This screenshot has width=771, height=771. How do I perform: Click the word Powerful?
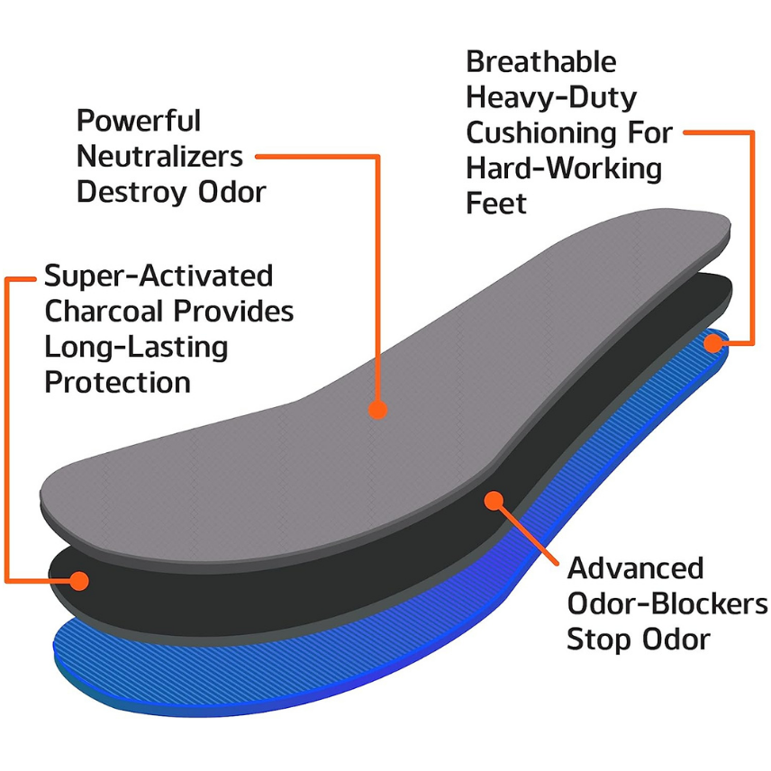click(139, 121)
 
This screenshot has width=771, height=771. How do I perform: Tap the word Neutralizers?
click(159, 156)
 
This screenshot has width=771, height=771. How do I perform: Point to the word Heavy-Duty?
click(550, 97)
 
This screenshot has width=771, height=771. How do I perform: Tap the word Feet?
click(496, 204)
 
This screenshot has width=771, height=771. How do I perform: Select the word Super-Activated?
click(159, 275)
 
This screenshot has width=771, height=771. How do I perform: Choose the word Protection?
click(118, 382)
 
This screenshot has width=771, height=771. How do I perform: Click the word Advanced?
click(635, 568)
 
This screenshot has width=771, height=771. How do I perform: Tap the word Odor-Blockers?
click(667, 603)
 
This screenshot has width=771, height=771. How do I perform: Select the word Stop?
click(600, 639)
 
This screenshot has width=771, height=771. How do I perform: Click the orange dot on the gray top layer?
click(377, 409)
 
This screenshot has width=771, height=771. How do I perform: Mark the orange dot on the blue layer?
click(714, 342)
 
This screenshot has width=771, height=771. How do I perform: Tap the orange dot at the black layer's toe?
click(79, 580)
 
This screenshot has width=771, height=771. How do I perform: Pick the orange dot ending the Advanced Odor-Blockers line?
click(493, 500)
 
